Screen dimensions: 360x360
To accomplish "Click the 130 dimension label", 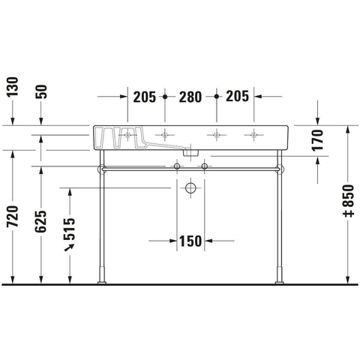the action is (13, 87).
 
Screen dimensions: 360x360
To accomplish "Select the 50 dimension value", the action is (42, 91).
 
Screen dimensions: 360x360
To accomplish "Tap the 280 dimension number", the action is (190, 97).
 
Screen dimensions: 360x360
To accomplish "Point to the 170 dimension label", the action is (317, 140).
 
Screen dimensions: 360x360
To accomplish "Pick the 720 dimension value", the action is (13, 217).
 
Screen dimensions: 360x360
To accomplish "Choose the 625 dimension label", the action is (40, 221).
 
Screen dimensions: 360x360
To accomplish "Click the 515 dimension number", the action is (69, 229).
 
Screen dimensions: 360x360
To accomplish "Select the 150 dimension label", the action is (190, 241).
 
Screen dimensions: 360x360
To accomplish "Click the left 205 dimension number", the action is (145, 97).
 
